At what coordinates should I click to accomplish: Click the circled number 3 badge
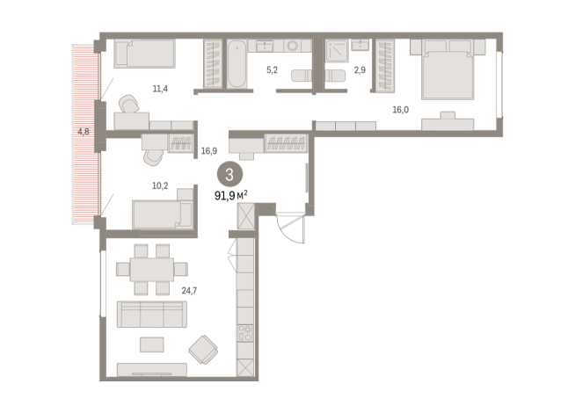(x=230, y=175)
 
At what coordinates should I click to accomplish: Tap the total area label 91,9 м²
(x=231, y=196)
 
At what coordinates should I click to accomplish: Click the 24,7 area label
(x=189, y=291)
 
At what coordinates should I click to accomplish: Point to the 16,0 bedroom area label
(x=400, y=110)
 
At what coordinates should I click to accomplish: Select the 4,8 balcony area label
(x=84, y=131)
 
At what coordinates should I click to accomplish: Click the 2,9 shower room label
(x=360, y=69)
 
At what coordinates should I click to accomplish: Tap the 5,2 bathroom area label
(x=272, y=69)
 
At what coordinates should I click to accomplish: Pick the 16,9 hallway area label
(x=209, y=150)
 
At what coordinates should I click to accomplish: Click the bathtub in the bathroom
(x=237, y=64)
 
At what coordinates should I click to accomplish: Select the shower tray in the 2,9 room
(x=337, y=51)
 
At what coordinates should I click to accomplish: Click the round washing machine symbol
(x=292, y=46)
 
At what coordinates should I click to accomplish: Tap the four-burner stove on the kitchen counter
(x=245, y=333)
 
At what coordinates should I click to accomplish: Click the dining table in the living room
(x=152, y=270)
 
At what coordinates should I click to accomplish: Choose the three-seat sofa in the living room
(x=152, y=314)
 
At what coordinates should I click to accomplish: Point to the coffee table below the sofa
(x=152, y=344)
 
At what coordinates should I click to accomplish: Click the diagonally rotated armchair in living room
(x=203, y=349)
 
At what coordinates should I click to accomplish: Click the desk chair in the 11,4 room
(x=128, y=104)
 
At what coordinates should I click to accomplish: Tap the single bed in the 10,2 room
(x=163, y=214)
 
